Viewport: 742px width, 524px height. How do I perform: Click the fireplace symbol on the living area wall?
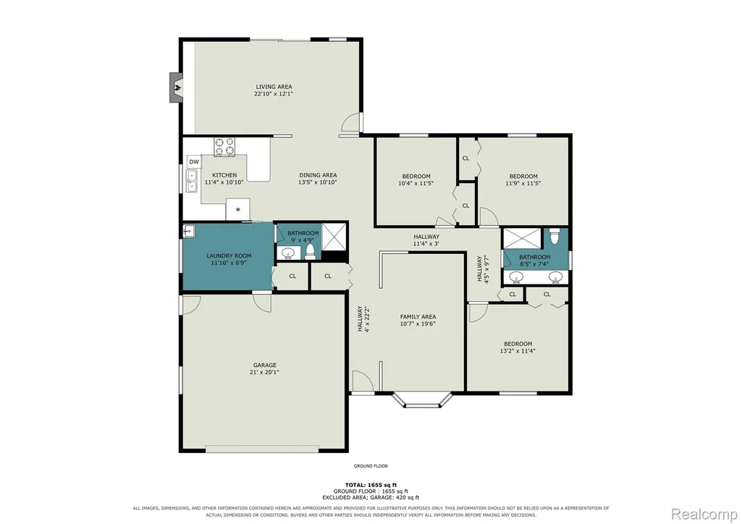pyautogui.click(x=177, y=87)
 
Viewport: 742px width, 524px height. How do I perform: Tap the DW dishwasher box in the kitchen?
pyautogui.click(x=194, y=161)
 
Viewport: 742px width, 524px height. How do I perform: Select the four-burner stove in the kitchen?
pyautogui.click(x=224, y=146)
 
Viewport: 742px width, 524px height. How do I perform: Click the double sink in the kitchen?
pyautogui.click(x=192, y=182)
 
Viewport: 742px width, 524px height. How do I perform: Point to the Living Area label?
pyautogui.click(x=274, y=87)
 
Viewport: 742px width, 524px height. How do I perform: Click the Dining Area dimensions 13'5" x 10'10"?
pyautogui.click(x=318, y=182)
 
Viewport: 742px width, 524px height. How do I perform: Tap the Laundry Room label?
pyautogui.click(x=229, y=256)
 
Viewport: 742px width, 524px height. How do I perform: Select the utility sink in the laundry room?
pyautogui.click(x=189, y=232)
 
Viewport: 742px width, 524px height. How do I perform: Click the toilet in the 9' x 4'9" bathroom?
pyautogui.click(x=311, y=252)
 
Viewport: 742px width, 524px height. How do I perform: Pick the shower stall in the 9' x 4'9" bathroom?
pyautogui.click(x=334, y=236)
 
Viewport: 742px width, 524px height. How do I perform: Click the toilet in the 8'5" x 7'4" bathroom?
pyautogui.click(x=555, y=236)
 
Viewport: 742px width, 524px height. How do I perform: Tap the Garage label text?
pyautogui.click(x=264, y=365)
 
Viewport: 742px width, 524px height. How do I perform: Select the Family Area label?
pyautogui.click(x=418, y=317)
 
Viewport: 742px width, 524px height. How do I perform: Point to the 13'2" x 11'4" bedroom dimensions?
pyautogui.click(x=518, y=351)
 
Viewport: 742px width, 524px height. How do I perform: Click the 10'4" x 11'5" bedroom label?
pyautogui.click(x=416, y=179)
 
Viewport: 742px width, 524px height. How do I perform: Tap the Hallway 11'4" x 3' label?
pyautogui.click(x=426, y=240)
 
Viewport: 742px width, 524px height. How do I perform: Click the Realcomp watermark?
pyautogui.click(x=704, y=513)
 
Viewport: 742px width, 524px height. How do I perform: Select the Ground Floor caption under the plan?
pyautogui.click(x=371, y=466)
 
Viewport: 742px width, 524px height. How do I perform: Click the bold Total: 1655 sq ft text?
pyautogui.click(x=371, y=485)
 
